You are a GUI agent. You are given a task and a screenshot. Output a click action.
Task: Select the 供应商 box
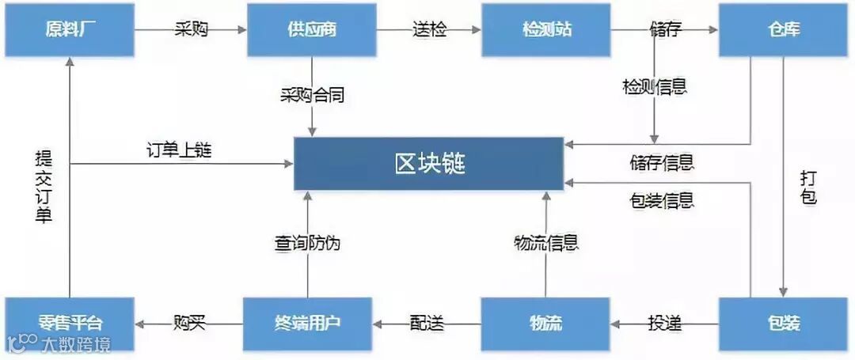tap(311, 30)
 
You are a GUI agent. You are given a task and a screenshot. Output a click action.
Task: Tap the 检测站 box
tap(546, 30)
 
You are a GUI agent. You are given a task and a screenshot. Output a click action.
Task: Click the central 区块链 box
tap(429, 164)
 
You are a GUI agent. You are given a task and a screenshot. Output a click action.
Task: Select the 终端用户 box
tap(307, 323)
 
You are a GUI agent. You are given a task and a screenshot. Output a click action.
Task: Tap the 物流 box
tap(545, 323)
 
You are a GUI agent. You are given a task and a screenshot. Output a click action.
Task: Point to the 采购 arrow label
tap(191, 30)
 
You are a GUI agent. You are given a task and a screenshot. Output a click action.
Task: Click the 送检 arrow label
tap(429, 30)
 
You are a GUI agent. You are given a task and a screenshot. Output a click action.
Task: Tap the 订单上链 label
tap(179, 149)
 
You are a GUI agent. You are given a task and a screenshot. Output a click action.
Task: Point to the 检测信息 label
tap(654, 86)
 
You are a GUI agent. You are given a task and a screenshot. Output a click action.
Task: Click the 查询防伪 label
tap(307, 243)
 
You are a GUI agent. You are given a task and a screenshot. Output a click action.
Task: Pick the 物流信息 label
tap(545, 243)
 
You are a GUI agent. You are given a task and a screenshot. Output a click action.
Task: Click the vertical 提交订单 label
tap(44, 188)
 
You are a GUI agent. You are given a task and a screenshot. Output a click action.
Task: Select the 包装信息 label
tap(662, 199)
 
